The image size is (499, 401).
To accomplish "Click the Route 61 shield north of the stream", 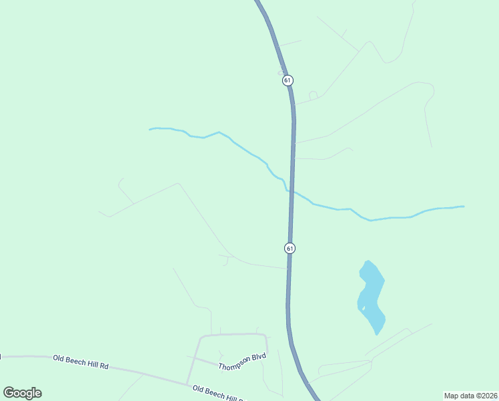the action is (x=288, y=80).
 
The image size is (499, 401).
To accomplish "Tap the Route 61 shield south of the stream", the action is (x=290, y=248).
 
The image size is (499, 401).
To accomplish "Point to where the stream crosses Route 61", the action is (x=291, y=191).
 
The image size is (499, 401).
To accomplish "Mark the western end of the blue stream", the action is (x=150, y=129).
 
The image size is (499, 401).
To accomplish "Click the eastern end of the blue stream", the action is (x=463, y=206).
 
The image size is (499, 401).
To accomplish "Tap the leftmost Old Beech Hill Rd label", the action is (x=80, y=362).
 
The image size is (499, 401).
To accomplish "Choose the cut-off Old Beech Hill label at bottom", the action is (x=217, y=394).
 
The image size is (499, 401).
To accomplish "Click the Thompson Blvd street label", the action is (x=241, y=362).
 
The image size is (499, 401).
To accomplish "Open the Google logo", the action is (x=22, y=393).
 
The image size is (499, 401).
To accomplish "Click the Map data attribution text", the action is (x=470, y=395).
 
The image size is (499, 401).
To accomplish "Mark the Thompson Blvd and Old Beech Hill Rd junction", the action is (x=188, y=384).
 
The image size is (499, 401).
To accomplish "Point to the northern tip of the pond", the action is (x=368, y=261).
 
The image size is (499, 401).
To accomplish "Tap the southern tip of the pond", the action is (x=377, y=334).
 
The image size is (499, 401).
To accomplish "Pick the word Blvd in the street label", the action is (x=259, y=357).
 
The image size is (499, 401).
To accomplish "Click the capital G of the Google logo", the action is (x=9, y=392).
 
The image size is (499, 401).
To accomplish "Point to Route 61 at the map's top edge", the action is (x=258, y=2).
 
